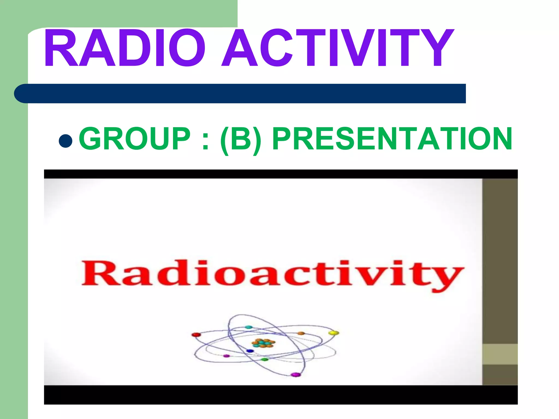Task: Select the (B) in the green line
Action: [x=240, y=139]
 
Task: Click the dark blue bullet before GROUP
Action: [x=66, y=141]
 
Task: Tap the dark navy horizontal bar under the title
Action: [x=240, y=94]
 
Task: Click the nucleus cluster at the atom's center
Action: [x=263, y=343]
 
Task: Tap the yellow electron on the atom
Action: [x=333, y=333]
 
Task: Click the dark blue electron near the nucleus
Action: [x=250, y=351]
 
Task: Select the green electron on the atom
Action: [x=264, y=360]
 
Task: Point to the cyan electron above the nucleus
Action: [x=249, y=327]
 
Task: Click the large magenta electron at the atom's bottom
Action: [x=295, y=375]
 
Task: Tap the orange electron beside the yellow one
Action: [x=301, y=333]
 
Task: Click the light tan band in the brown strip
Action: [x=500, y=354]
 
